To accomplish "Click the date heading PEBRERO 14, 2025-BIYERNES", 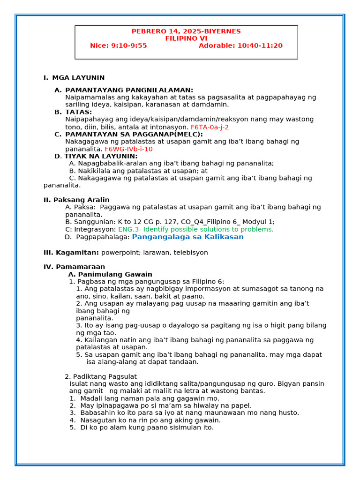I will [186, 31].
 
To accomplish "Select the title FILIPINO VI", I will [186, 38].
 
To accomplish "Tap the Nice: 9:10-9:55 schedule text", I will [118, 45].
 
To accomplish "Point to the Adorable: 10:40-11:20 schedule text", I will [240, 45].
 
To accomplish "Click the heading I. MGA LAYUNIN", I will [74, 78].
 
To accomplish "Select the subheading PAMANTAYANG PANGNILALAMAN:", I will [129, 90].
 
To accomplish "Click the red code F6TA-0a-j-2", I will [210, 127].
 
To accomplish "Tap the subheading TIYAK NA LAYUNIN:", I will [101, 156].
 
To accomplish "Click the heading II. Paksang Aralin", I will [76, 200].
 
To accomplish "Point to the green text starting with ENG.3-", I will [195, 229].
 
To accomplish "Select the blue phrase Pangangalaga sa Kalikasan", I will [187, 237].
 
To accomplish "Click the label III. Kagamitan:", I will [71, 253].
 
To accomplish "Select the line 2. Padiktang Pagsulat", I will [101, 376].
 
